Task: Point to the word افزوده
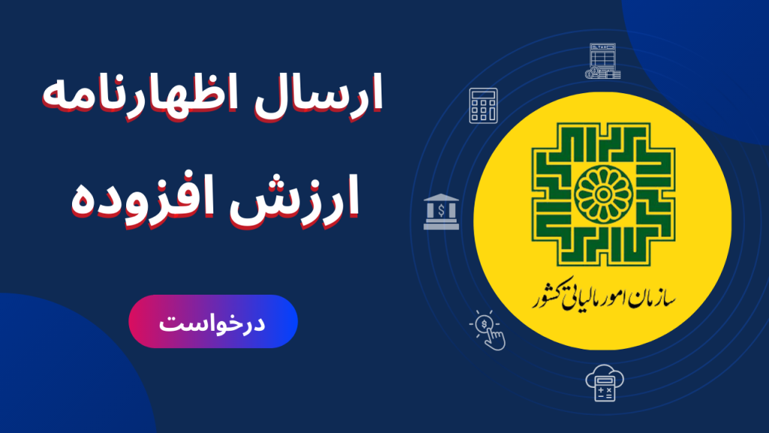tap(143, 198)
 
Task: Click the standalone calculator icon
tap(483, 105)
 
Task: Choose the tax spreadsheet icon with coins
tap(603, 61)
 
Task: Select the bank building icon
tap(442, 211)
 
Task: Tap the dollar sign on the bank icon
tap(442, 211)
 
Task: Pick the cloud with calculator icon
tap(605, 383)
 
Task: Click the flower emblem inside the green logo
tap(603, 195)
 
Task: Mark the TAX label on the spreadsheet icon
tap(603, 47)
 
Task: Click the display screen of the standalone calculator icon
tap(483, 95)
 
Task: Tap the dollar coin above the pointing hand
tap(484, 324)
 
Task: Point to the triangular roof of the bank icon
tap(442, 198)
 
